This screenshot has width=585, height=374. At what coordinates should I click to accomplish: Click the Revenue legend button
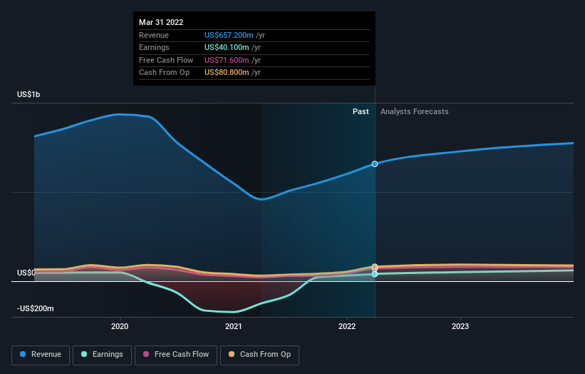(x=41, y=354)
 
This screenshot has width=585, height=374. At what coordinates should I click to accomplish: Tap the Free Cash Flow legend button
(x=176, y=354)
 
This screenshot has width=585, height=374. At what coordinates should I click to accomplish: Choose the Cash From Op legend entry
(x=259, y=354)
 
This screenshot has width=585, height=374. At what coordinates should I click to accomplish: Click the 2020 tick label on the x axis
(x=120, y=326)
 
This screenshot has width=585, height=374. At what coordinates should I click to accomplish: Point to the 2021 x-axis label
(x=233, y=326)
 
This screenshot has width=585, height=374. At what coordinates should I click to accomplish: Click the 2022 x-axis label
(x=347, y=326)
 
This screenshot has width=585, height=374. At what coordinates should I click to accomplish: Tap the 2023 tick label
(x=460, y=326)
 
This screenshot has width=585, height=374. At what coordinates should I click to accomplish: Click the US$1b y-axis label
(x=29, y=95)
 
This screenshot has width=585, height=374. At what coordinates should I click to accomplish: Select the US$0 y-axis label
(x=26, y=273)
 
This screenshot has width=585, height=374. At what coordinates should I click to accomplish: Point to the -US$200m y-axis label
(x=36, y=308)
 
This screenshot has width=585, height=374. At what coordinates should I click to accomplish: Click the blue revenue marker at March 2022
(x=375, y=164)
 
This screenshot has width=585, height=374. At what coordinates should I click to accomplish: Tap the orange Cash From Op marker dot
(x=375, y=267)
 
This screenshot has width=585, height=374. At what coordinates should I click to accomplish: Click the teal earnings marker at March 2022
(x=375, y=274)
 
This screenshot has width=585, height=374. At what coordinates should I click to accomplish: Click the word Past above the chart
(x=361, y=111)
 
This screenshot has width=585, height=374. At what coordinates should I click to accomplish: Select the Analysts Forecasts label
(x=415, y=111)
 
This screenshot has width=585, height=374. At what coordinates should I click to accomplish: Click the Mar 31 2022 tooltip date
(x=161, y=22)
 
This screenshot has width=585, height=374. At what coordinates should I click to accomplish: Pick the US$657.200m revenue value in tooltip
(x=234, y=35)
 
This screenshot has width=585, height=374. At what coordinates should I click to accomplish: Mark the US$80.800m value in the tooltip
(x=232, y=73)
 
